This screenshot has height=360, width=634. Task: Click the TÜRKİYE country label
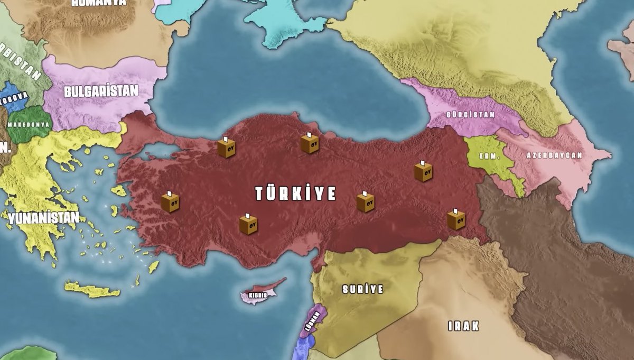(295, 193)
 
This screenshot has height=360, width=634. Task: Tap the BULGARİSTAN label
(101, 91)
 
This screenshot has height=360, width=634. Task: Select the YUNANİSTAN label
(43, 217)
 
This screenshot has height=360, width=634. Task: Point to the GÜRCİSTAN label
(470, 114)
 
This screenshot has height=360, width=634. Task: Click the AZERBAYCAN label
(554, 155)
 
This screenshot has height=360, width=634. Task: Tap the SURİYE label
(362, 289)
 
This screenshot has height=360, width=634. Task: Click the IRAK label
(463, 326)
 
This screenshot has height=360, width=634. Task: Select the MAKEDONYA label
(29, 124)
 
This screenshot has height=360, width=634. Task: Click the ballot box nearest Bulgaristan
(226, 147)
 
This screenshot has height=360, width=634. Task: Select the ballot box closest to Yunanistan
(170, 201)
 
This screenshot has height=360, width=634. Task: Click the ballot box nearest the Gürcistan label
(423, 171)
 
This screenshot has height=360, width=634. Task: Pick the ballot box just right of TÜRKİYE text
(366, 201)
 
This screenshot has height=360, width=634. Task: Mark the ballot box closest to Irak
(456, 219)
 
